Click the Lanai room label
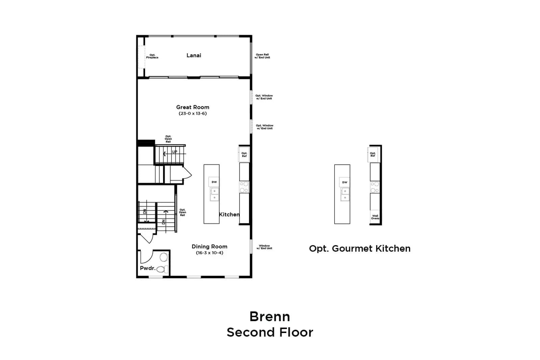[194, 55]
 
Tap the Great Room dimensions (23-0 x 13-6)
[193, 113]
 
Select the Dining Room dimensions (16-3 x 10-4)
[210, 253]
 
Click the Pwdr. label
[148, 268]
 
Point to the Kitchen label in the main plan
[229, 215]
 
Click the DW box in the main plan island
[214, 182]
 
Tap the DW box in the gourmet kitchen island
[345, 183]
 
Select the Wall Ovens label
[375, 217]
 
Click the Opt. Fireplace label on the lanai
[152, 56]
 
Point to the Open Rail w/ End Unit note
[262, 56]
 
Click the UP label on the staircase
[174, 152]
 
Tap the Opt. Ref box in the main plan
[244, 155]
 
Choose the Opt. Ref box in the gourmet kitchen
[373, 155]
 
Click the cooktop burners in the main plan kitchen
[244, 187]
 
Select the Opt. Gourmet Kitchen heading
[360, 249]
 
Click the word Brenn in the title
[270, 316]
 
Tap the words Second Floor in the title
[270, 333]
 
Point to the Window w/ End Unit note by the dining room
[264, 247]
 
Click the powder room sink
[164, 257]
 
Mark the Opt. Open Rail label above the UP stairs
[168, 139]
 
